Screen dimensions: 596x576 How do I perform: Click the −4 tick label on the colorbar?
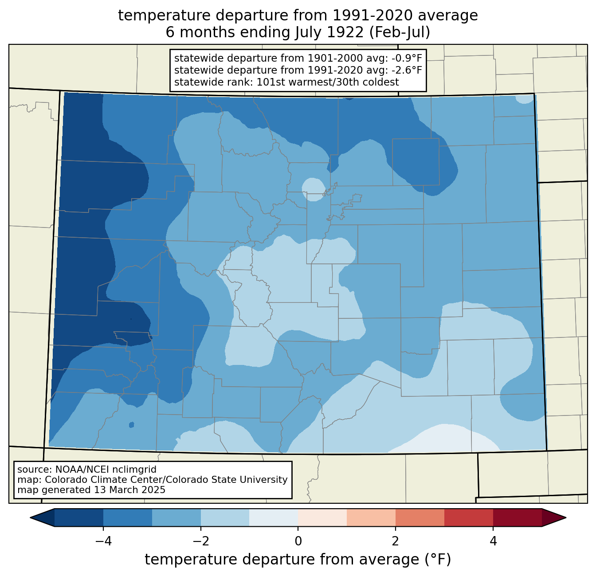tap(103, 541)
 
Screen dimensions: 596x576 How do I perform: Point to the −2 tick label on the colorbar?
tap(201, 541)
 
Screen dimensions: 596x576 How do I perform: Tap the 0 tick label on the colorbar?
tap(298, 541)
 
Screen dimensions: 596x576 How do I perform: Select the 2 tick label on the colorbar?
tap(396, 541)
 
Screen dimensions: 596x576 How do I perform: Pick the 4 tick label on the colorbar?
tap(493, 541)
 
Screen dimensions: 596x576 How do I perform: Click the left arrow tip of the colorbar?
tap(30, 518)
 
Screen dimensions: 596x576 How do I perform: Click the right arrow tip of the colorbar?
tap(566, 518)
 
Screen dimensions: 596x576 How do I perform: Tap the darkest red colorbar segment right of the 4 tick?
tap(518, 518)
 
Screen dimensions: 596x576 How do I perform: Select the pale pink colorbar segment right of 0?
tap(322, 518)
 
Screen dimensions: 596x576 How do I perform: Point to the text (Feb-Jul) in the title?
tap(400, 32)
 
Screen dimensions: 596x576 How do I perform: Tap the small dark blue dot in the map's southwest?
tap(131, 425)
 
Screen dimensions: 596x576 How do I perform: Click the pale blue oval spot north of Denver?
tap(314, 189)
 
